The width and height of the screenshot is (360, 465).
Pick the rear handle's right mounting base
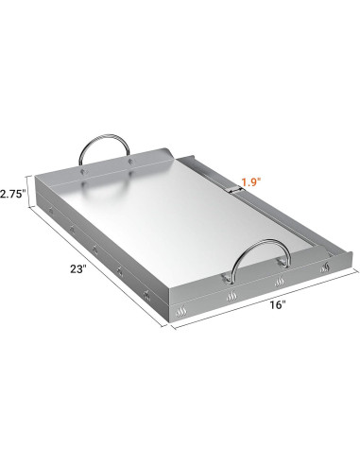(x=129, y=162)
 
